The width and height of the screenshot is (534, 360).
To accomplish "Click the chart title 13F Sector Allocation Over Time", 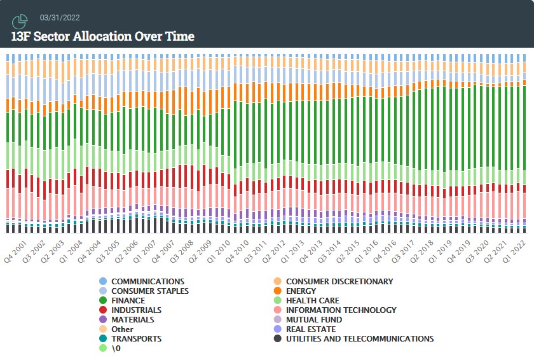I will coord(102,36).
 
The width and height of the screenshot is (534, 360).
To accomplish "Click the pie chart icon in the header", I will coord(20,22).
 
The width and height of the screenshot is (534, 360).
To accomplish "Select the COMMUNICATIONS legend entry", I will coord(147,281).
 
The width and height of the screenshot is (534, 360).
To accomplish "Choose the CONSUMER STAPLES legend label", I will coord(149,291).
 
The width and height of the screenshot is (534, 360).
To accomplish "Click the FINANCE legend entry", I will coord(128,300).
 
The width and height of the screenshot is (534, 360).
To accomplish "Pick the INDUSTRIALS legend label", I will coord(136,310).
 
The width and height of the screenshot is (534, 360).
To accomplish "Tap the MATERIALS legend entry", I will coord(132,319).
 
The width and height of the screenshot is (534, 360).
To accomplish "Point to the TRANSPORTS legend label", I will coord(136,338).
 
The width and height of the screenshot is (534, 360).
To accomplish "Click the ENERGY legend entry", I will coord(301,291).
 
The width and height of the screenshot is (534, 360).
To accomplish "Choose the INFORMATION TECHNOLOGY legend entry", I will coord(341,310).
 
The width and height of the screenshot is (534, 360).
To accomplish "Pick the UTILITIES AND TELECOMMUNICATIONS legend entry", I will coord(359,338).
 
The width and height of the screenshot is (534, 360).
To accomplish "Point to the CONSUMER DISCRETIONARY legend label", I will coord(339,281).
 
